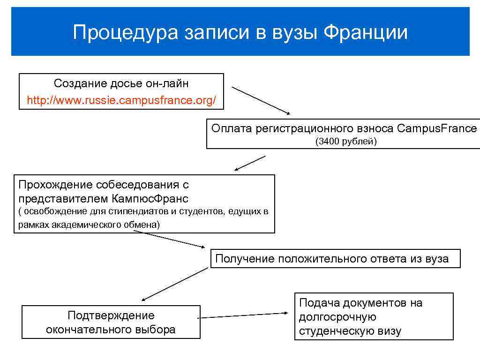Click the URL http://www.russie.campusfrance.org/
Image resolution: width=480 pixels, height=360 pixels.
[121, 100]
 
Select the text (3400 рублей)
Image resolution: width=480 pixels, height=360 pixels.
[346, 141]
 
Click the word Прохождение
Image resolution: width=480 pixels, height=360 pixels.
[52, 185]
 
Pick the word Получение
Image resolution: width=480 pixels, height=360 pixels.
[244, 258]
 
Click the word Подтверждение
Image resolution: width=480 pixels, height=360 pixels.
[111, 315]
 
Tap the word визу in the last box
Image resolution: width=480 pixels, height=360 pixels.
[390, 331]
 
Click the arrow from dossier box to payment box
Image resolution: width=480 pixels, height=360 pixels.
[261, 100]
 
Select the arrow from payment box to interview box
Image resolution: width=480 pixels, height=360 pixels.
[250, 163]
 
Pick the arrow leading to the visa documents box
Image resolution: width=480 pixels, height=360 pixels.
[242, 315]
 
